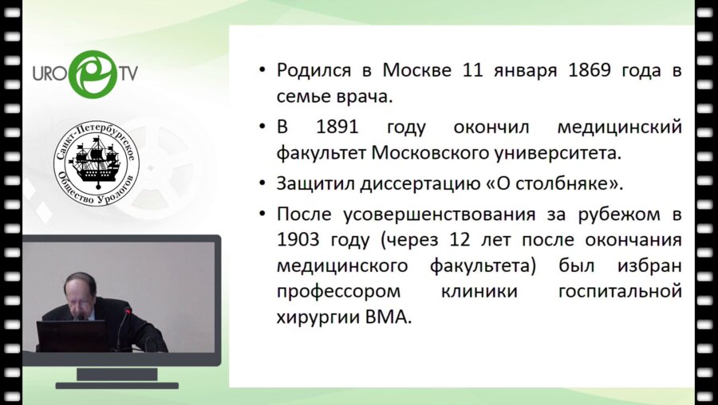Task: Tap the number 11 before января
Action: coord(472,69)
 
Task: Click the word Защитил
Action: coord(316,183)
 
